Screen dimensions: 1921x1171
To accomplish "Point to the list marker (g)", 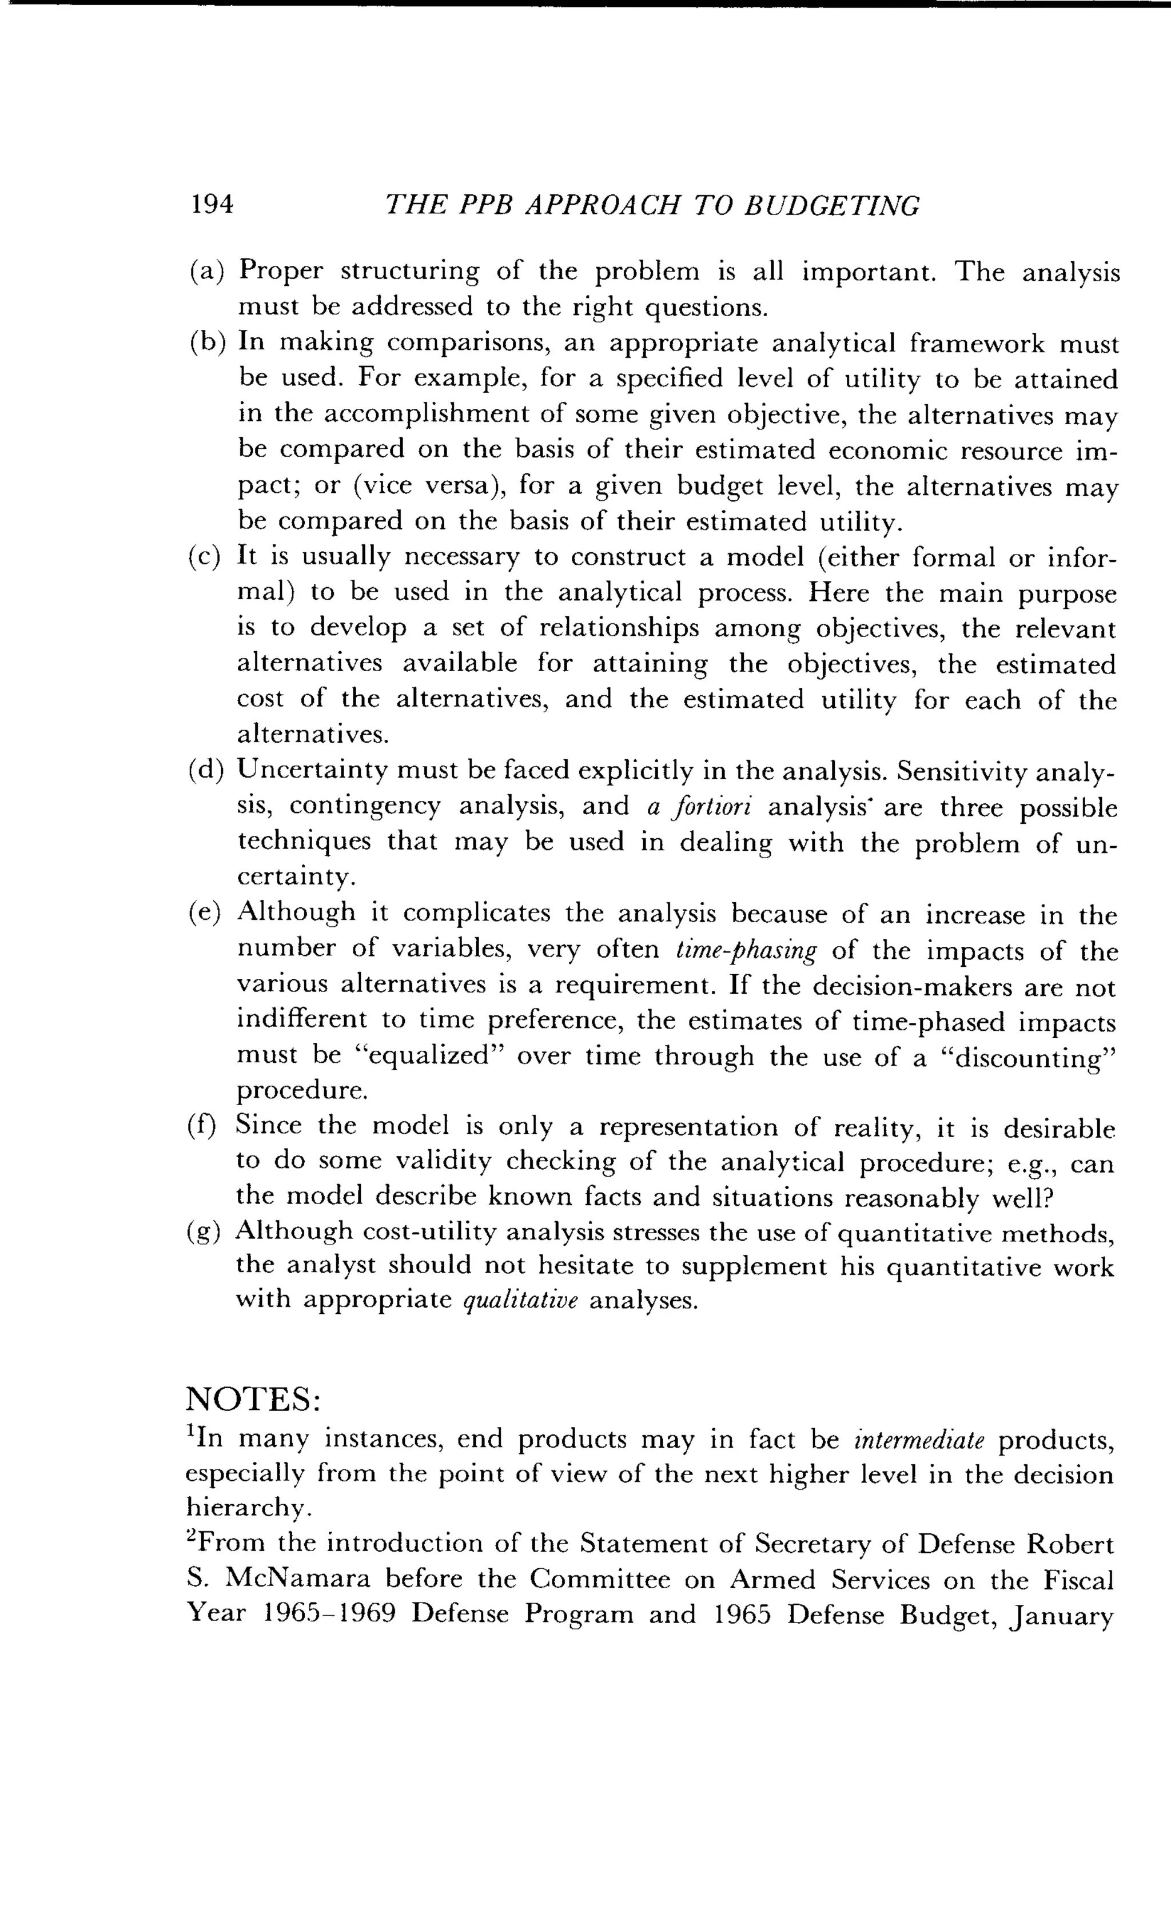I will pos(206,1231).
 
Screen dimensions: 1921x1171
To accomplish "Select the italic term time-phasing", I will pos(747,950).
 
